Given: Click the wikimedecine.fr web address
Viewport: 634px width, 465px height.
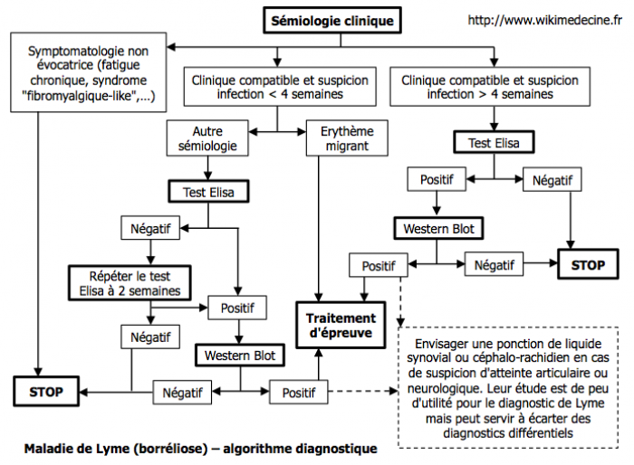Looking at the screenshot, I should [x=551, y=19].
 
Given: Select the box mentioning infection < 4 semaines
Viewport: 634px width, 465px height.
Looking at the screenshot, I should [x=276, y=87].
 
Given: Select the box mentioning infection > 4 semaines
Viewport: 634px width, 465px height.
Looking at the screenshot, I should [x=490, y=87].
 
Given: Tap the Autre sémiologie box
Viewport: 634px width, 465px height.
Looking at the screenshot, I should [x=209, y=138].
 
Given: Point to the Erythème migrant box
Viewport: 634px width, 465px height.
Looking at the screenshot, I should [x=347, y=138].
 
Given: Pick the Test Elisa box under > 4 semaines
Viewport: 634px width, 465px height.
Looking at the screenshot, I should [x=494, y=143].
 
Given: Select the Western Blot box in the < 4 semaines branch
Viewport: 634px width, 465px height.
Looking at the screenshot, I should [x=239, y=354].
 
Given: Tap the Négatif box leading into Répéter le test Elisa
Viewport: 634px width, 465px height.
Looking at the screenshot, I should [x=147, y=228].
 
